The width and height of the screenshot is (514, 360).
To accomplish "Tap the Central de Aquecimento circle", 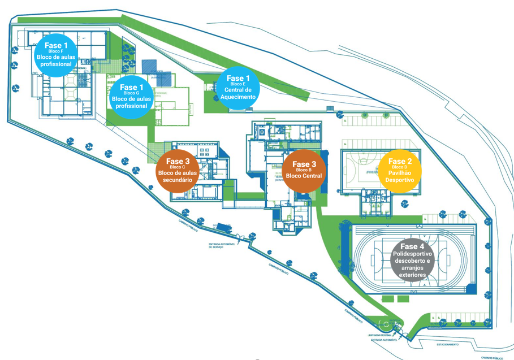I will click(238, 87).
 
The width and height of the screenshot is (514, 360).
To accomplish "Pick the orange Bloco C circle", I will click(178, 170).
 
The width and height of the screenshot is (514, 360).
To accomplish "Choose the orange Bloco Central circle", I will click(304, 170).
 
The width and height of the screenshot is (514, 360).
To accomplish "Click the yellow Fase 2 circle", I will click(399, 170).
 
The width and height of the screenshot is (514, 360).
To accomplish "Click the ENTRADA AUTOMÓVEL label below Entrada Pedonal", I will click(383, 340).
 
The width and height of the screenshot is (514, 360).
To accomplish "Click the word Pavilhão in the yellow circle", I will click(399, 173).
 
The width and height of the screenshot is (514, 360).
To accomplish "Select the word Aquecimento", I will click(238, 97).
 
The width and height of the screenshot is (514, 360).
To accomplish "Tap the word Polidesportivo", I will click(412, 255).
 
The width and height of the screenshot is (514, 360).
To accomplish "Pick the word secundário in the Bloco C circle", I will click(178, 180).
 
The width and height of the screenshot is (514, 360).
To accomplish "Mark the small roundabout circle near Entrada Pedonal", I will click(385, 324).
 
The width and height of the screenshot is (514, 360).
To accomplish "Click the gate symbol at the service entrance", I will click(240, 236).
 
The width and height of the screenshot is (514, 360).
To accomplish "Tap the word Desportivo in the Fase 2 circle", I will click(399, 180).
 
